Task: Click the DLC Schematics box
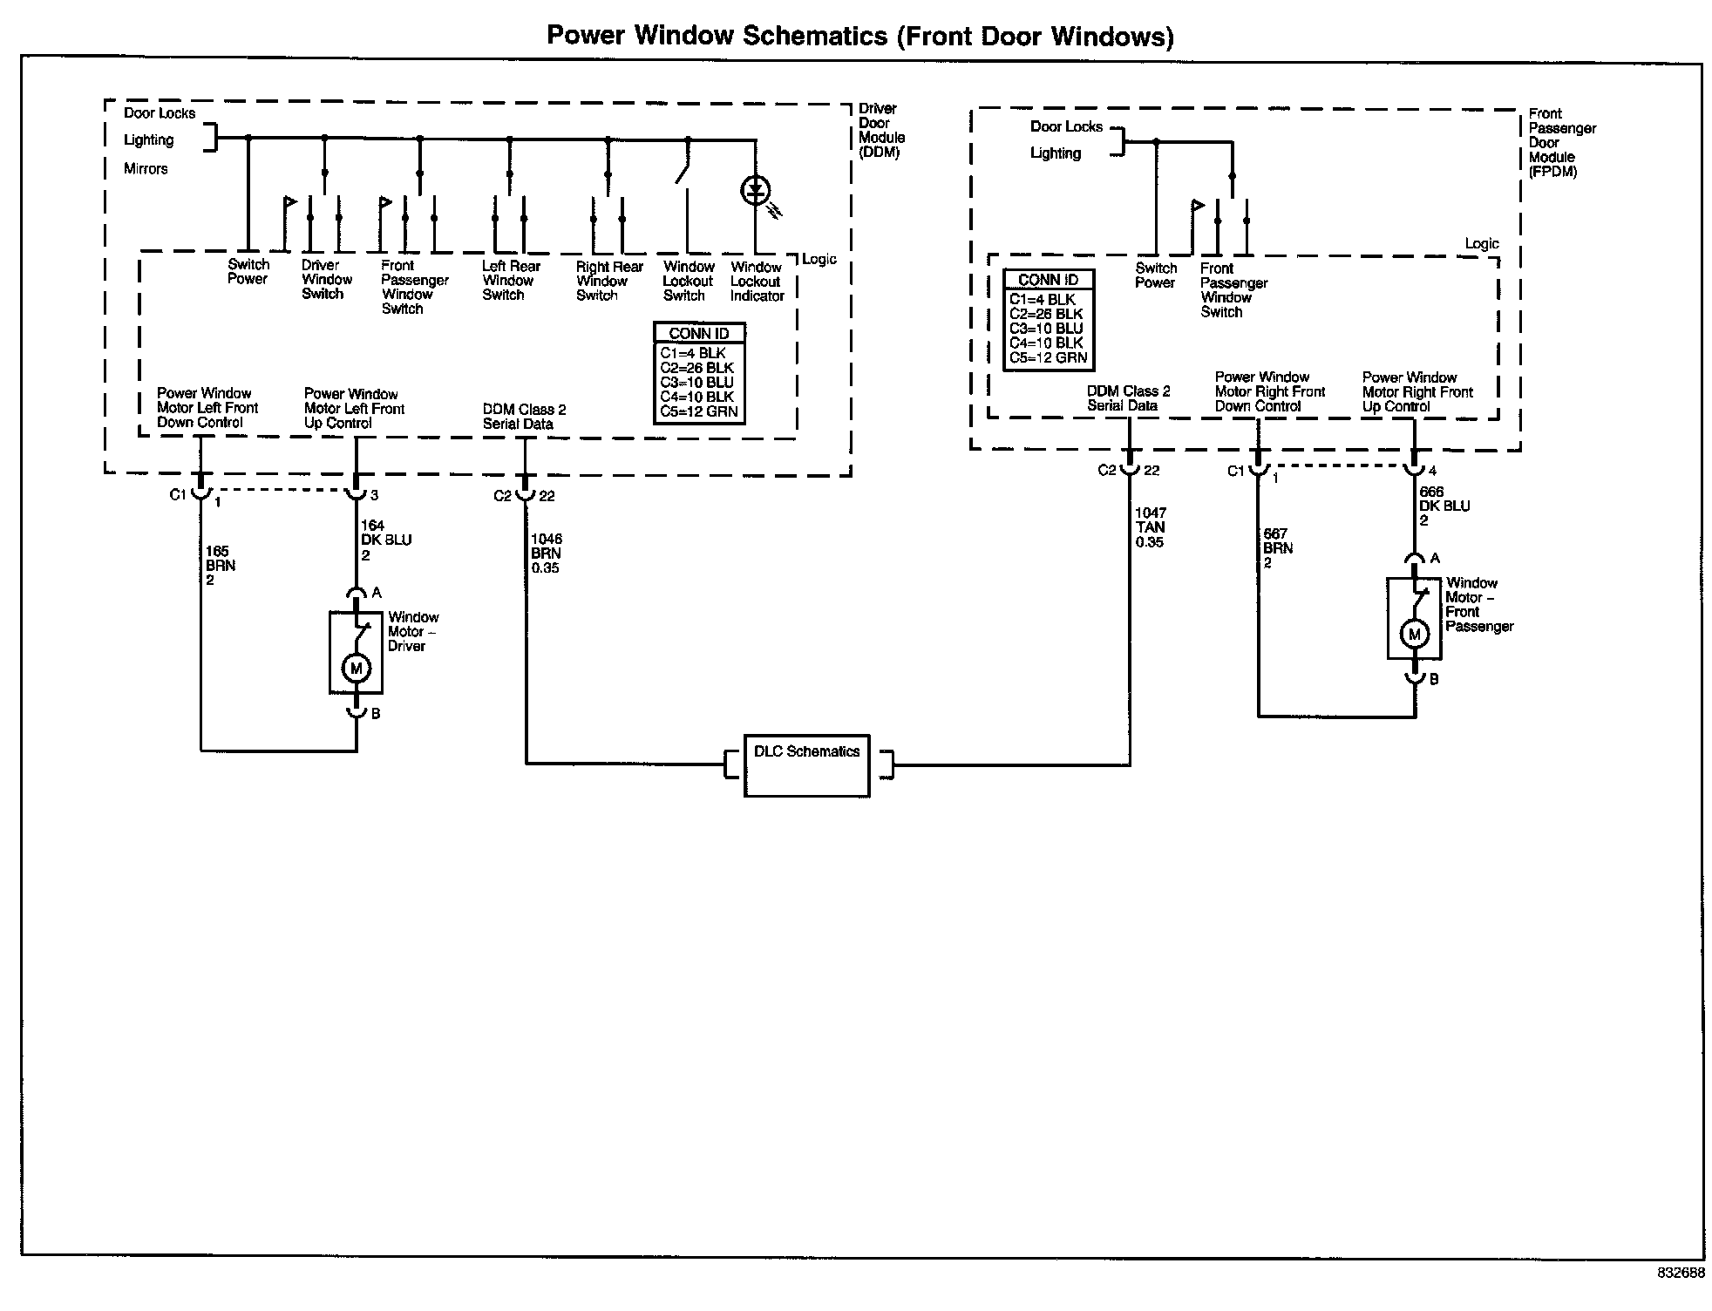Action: click(x=806, y=764)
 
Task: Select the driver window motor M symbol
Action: click(x=356, y=669)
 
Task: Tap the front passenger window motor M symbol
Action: click(x=1414, y=635)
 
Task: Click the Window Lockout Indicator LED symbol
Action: click(x=755, y=190)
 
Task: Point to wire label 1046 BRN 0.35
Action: click(x=547, y=554)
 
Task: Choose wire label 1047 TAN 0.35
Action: click(x=1150, y=527)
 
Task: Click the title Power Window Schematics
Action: click(x=859, y=36)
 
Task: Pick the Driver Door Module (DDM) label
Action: click(x=881, y=131)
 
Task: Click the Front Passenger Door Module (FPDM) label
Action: click(x=1562, y=143)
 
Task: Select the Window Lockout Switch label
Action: click(x=688, y=282)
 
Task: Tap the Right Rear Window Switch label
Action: click(x=608, y=282)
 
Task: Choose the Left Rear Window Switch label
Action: click(x=511, y=281)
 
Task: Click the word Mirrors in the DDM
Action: click(x=146, y=169)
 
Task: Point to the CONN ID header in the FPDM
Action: click(x=1048, y=280)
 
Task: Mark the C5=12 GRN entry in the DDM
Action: click(x=698, y=411)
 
